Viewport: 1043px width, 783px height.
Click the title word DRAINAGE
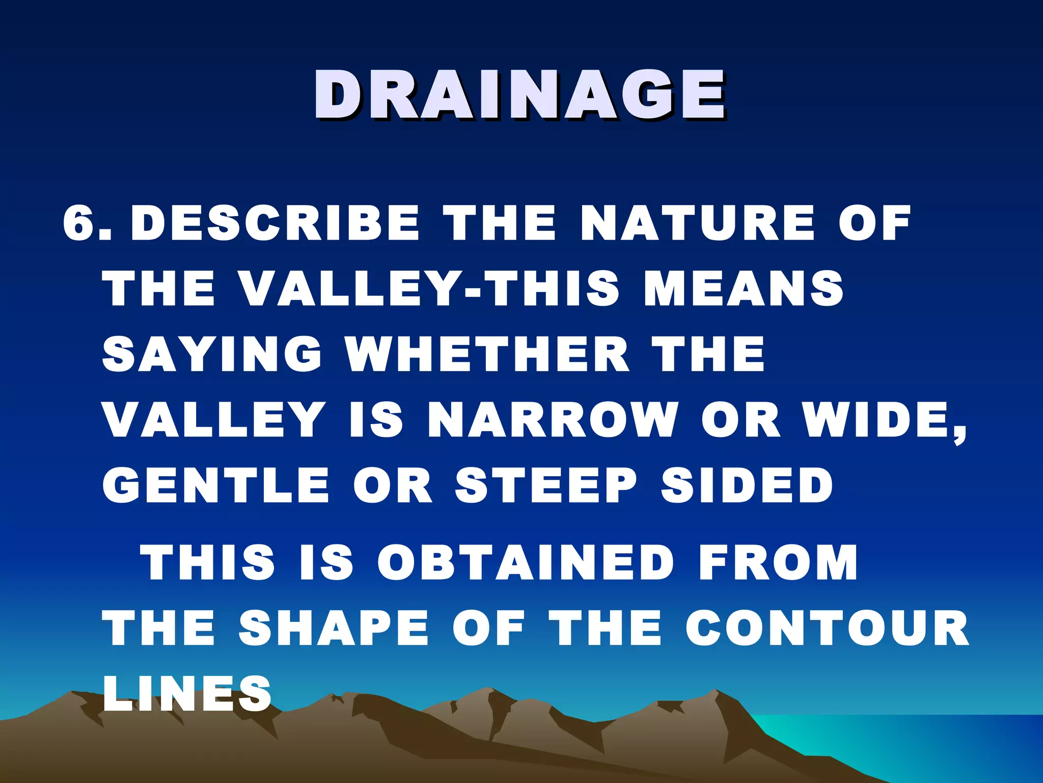[x=519, y=95]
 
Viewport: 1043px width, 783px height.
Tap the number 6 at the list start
[x=80, y=223]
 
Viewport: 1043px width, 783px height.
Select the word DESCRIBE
[x=275, y=223]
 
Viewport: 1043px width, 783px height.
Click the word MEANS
[x=744, y=289]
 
